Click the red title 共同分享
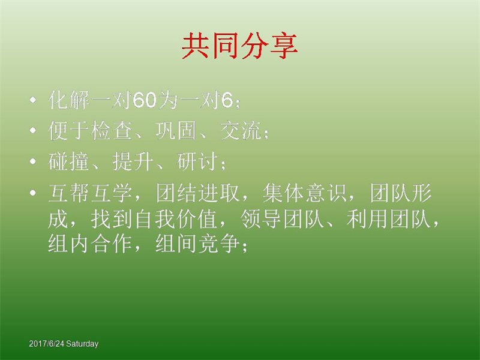(x=239, y=46)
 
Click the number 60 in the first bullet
(x=145, y=100)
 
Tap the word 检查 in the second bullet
(x=112, y=130)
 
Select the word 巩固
(x=176, y=130)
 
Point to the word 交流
(x=241, y=130)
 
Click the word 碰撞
(x=68, y=161)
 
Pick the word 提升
(x=133, y=161)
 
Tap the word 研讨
(x=197, y=161)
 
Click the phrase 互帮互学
(x=91, y=193)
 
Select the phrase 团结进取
(x=197, y=193)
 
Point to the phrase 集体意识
(x=305, y=193)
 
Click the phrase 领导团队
(x=283, y=219)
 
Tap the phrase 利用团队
(x=389, y=219)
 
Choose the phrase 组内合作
(x=90, y=244)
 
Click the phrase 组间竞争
(x=197, y=244)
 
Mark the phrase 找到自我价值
(x=154, y=219)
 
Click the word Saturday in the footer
(x=82, y=344)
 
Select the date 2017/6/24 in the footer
(x=47, y=344)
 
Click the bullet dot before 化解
(x=33, y=100)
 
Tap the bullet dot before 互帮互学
(x=33, y=193)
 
